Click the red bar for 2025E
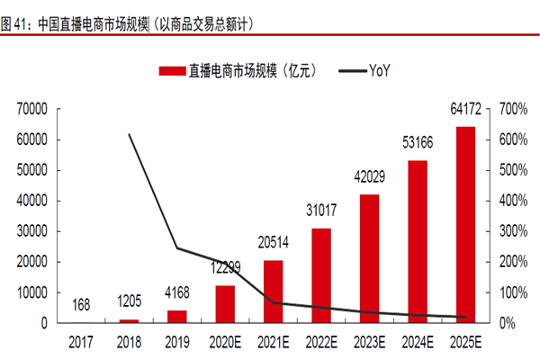466,225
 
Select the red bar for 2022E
321,275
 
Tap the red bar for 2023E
370,258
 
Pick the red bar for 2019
177,316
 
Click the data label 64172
466,109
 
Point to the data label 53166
418,142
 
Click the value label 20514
274,242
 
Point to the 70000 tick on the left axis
32,109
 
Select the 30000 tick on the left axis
32,231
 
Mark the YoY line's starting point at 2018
130,134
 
